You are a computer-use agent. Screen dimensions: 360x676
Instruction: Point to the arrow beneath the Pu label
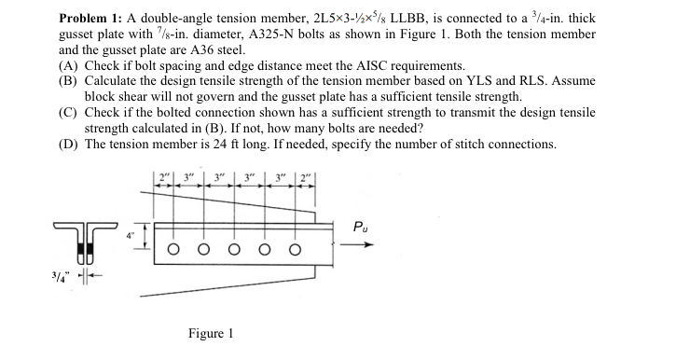pyautogui.click(x=363, y=246)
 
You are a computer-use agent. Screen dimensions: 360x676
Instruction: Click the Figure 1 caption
pyautogui.click(x=211, y=333)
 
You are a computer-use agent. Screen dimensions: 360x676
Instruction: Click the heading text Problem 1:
pyautogui.click(x=97, y=19)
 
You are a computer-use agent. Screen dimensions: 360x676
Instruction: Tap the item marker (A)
pyautogui.click(x=67, y=64)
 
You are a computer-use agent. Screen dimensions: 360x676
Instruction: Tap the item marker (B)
pyautogui.click(x=67, y=80)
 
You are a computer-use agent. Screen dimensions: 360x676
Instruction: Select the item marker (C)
pyautogui.click(x=67, y=113)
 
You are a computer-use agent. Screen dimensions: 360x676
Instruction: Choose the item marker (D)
pyautogui.click(x=67, y=145)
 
